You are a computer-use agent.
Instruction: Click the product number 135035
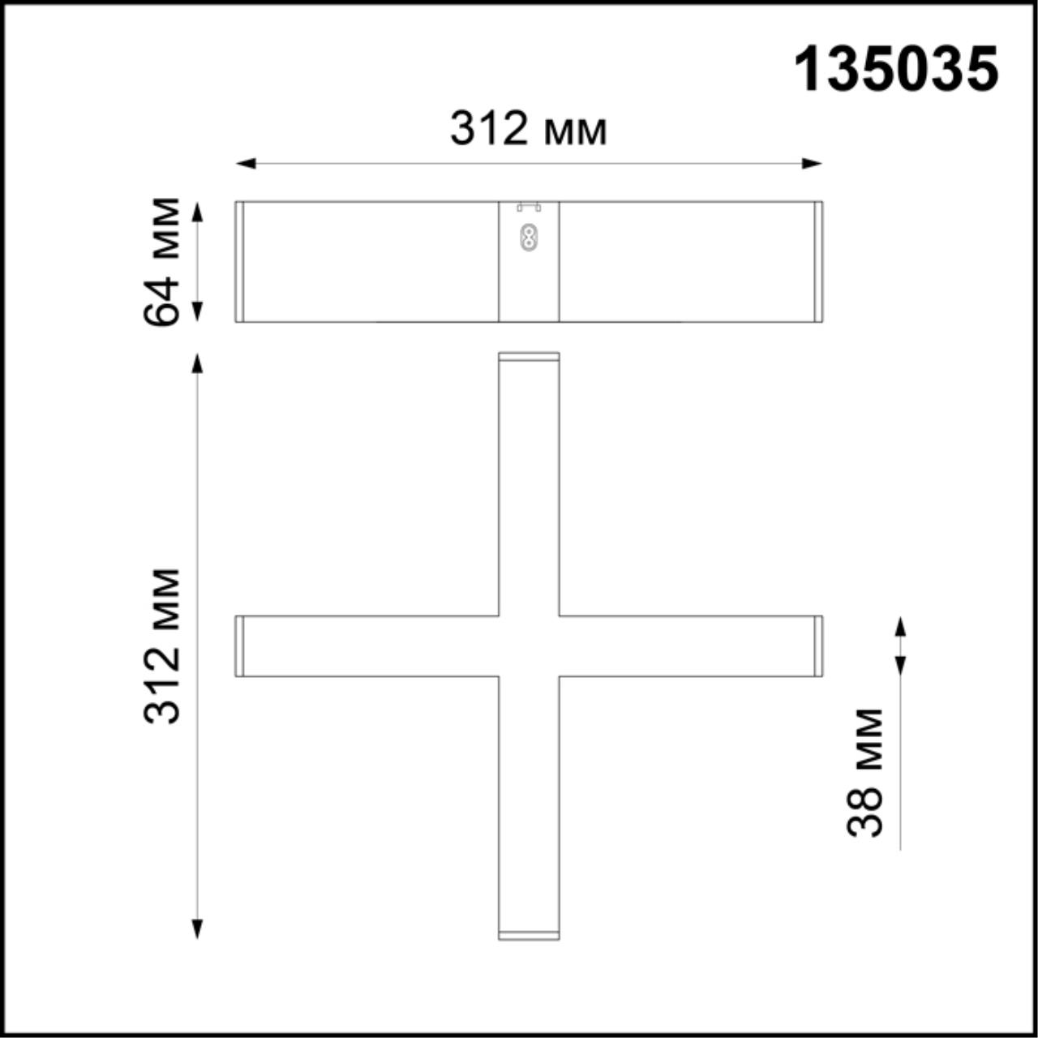coord(895,70)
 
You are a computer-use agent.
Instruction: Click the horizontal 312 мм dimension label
coord(529,129)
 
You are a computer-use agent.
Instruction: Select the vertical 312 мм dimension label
coord(161,646)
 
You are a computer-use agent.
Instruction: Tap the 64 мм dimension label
coord(161,261)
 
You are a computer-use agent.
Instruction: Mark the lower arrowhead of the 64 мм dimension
coord(197,311)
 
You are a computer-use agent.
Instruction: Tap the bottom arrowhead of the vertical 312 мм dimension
coord(197,929)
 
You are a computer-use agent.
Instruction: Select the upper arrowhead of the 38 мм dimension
coord(900,626)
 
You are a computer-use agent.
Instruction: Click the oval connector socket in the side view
coord(529,238)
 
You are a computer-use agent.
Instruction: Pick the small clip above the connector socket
coord(529,208)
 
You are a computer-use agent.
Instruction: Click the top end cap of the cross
coord(529,357)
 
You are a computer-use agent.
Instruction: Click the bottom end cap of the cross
coord(529,936)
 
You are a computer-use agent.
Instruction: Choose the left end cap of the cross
coord(240,646)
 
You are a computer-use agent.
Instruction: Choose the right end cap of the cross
coord(818,646)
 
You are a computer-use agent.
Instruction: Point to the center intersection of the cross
coord(529,646)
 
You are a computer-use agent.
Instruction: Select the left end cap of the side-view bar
coord(240,261)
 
